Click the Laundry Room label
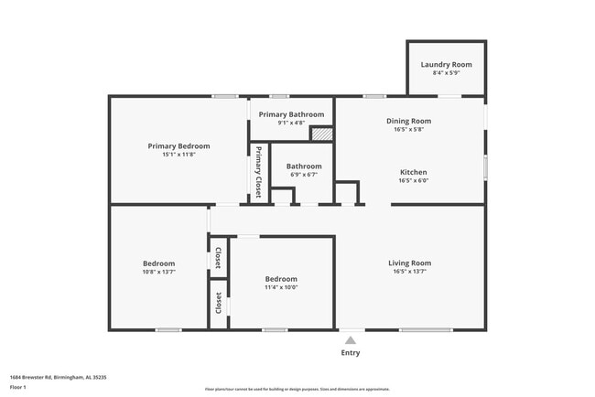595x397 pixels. (446, 64)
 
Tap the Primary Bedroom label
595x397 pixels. (179, 146)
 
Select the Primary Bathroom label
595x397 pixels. (291, 114)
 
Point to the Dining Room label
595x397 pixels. (409, 121)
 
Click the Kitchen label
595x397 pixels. (413, 172)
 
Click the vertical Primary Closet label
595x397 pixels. (259, 172)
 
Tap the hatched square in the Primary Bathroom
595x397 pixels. (320, 134)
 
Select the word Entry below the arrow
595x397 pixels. (351, 352)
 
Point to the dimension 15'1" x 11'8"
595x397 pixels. (179, 155)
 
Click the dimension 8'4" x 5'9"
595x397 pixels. (446, 72)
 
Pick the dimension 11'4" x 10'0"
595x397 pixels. (281, 287)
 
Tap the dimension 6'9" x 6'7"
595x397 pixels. (303, 175)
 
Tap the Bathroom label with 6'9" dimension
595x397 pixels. (303, 166)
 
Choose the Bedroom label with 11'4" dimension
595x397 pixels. (281, 279)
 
